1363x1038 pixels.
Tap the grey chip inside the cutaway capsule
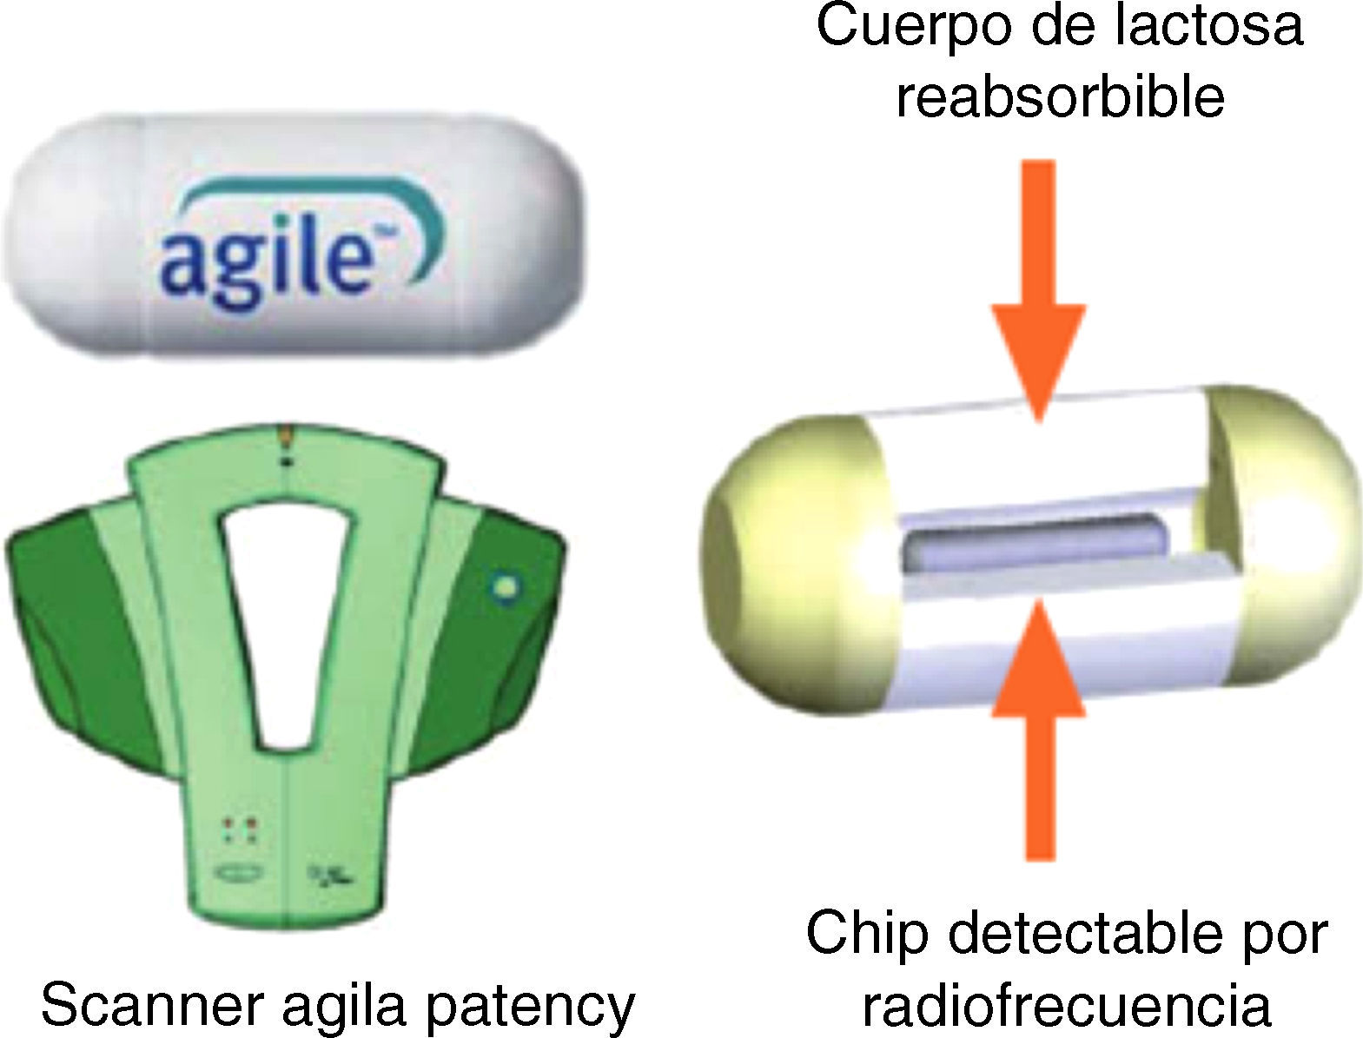pyautogui.click(x=1034, y=542)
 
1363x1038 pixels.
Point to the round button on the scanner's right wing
pyautogui.click(x=503, y=587)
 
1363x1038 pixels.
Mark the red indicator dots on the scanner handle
pyautogui.click(x=237, y=829)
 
